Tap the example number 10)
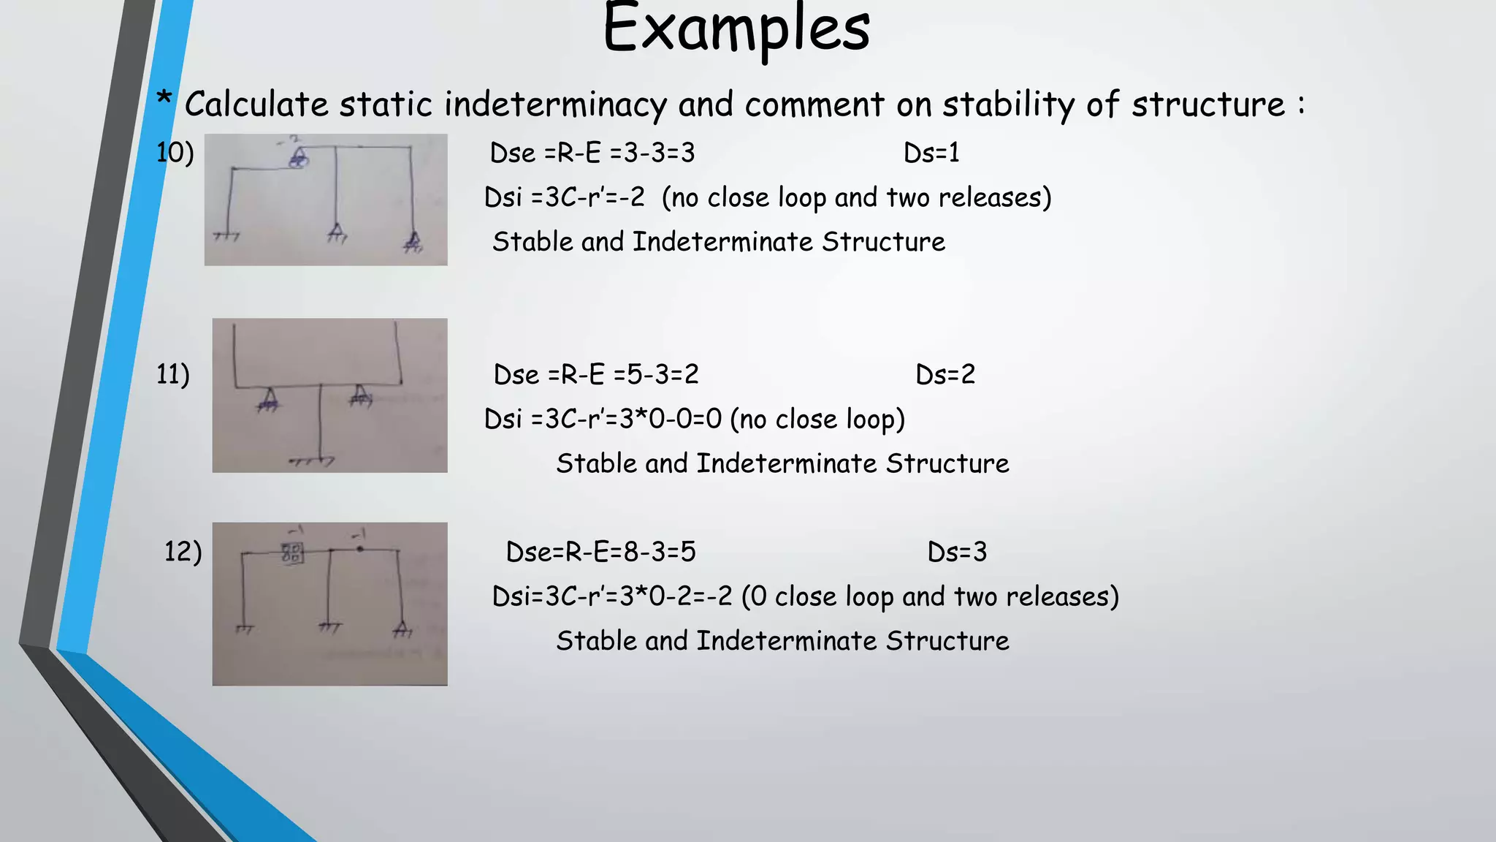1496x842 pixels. coord(175,153)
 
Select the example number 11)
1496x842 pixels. coord(173,374)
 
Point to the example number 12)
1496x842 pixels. coord(183,551)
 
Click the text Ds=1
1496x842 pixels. coord(931,153)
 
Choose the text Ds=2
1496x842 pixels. coord(945,374)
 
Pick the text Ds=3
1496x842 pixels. coord(957,552)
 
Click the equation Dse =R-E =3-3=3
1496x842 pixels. coord(592,153)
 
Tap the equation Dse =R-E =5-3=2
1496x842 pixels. coord(596,374)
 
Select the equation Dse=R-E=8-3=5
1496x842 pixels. coord(600,552)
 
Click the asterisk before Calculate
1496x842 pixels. coord(165,99)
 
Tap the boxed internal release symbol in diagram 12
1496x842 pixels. coord(292,553)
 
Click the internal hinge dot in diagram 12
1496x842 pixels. coord(359,548)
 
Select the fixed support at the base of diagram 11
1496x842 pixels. coord(313,462)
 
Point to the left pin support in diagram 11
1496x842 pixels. coord(268,400)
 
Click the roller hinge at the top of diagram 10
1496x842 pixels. coord(298,159)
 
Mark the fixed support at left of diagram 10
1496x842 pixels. coord(227,236)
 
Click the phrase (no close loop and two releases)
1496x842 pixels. coord(856,197)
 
